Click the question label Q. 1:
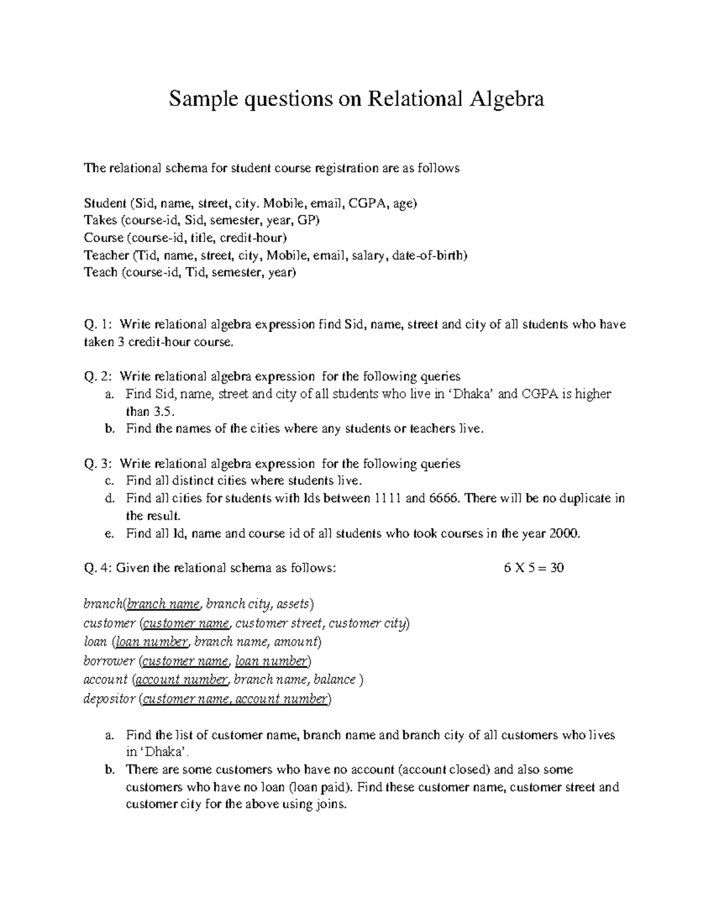pos(98,325)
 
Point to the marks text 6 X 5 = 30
pos(534,568)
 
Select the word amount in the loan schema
pos(300,642)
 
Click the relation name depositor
pos(109,699)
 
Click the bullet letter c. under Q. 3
pos(108,481)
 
